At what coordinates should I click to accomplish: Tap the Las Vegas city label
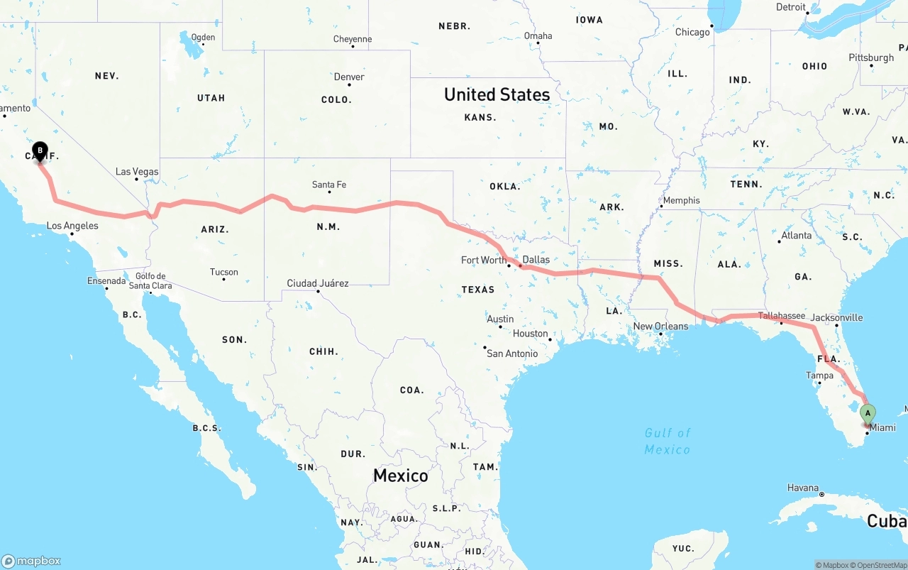[137, 172]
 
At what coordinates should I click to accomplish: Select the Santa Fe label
[329, 185]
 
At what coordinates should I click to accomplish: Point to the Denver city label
[349, 77]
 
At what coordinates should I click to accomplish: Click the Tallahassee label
[781, 316]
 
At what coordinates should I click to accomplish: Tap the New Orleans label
[660, 327]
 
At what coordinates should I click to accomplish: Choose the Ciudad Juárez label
[318, 283]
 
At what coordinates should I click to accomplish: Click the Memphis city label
[681, 200]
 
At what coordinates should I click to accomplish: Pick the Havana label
[803, 488]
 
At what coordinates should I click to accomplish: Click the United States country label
[497, 94]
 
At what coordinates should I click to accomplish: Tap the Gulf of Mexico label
[667, 441]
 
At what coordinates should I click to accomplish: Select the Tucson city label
[224, 272]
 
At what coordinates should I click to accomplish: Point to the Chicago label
[692, 32]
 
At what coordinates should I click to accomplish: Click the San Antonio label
[512, 353]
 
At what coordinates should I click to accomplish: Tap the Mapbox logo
[31, 561]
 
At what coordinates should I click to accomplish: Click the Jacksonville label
[836, 317]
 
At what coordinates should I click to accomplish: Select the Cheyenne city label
[353, 39]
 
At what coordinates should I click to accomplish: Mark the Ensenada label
[106, 280]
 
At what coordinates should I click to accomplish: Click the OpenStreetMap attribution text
[880, 565]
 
